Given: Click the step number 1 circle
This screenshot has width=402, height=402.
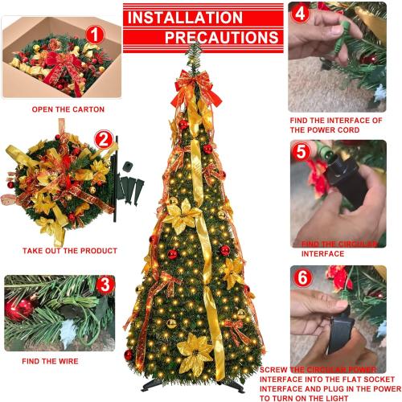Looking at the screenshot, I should tap(96, 35).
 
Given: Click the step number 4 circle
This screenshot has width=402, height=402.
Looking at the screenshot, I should tap(298, 14).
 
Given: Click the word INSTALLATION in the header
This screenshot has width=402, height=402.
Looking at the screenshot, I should tap(185, 17).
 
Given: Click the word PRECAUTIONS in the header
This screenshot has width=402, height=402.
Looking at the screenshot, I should tap(222, 38).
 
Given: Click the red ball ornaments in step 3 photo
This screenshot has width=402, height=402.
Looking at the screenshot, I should tap(22, 307).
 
